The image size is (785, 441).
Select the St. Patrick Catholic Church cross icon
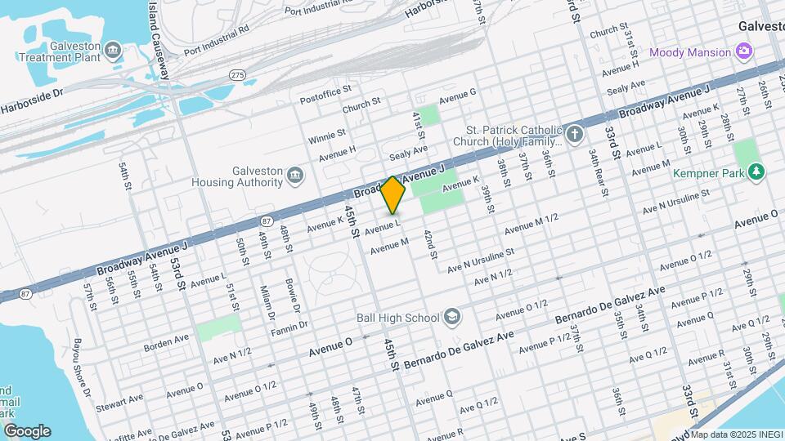click(575, 134)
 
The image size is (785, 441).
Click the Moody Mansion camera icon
click(743, 52)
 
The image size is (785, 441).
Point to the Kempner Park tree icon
click(756, 171)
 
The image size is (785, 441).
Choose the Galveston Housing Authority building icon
click(294, 175)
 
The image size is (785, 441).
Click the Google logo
click(26, 431)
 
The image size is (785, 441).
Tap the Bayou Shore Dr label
click(81, 363)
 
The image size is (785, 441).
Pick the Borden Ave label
click(166, 341)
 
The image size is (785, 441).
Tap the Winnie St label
click(327, 136)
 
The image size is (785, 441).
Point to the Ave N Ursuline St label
click(480, 261)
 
